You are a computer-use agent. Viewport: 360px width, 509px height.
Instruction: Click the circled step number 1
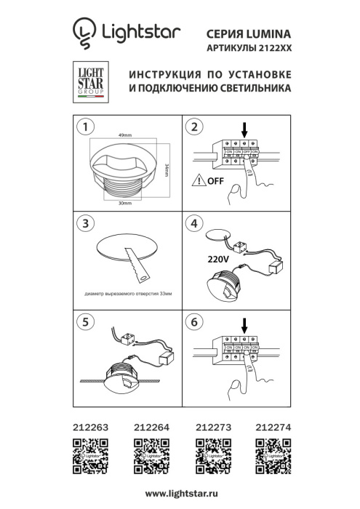pos(87,128)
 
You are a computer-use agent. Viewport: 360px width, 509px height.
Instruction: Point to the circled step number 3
pos(87,223)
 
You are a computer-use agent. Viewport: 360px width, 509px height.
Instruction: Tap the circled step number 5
pos(87,319)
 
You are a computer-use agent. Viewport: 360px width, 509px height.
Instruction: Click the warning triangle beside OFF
pos(199,181)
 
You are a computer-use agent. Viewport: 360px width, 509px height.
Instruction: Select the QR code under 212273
pos(211,460)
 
